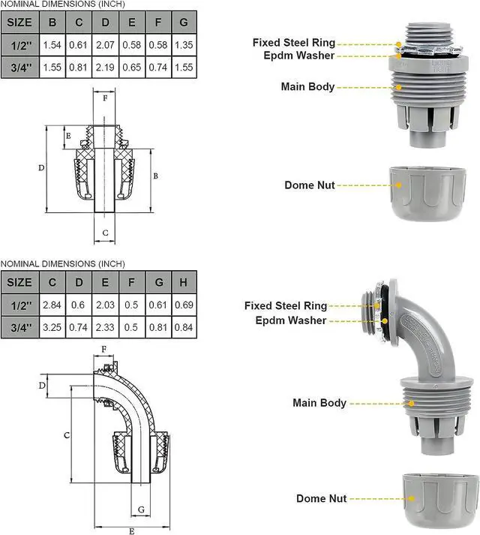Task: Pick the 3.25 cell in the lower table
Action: [x=52, y=327]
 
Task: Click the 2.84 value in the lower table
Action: [x=52, y=306]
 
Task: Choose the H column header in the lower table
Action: [x=184, y=282]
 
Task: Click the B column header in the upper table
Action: [x=52, y=22]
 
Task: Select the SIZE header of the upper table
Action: [x=19, y=22]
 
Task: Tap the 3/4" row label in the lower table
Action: [x=19, y=327]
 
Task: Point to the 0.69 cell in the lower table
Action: [x=184, y=306]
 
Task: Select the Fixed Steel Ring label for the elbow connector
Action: [x=286, y=305]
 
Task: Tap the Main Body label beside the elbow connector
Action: [x=319, y=403]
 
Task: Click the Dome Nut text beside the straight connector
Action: [x=310, y=185]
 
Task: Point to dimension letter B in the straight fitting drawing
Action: [x=155, y=175]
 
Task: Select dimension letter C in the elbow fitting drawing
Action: [x=67, y=435]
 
